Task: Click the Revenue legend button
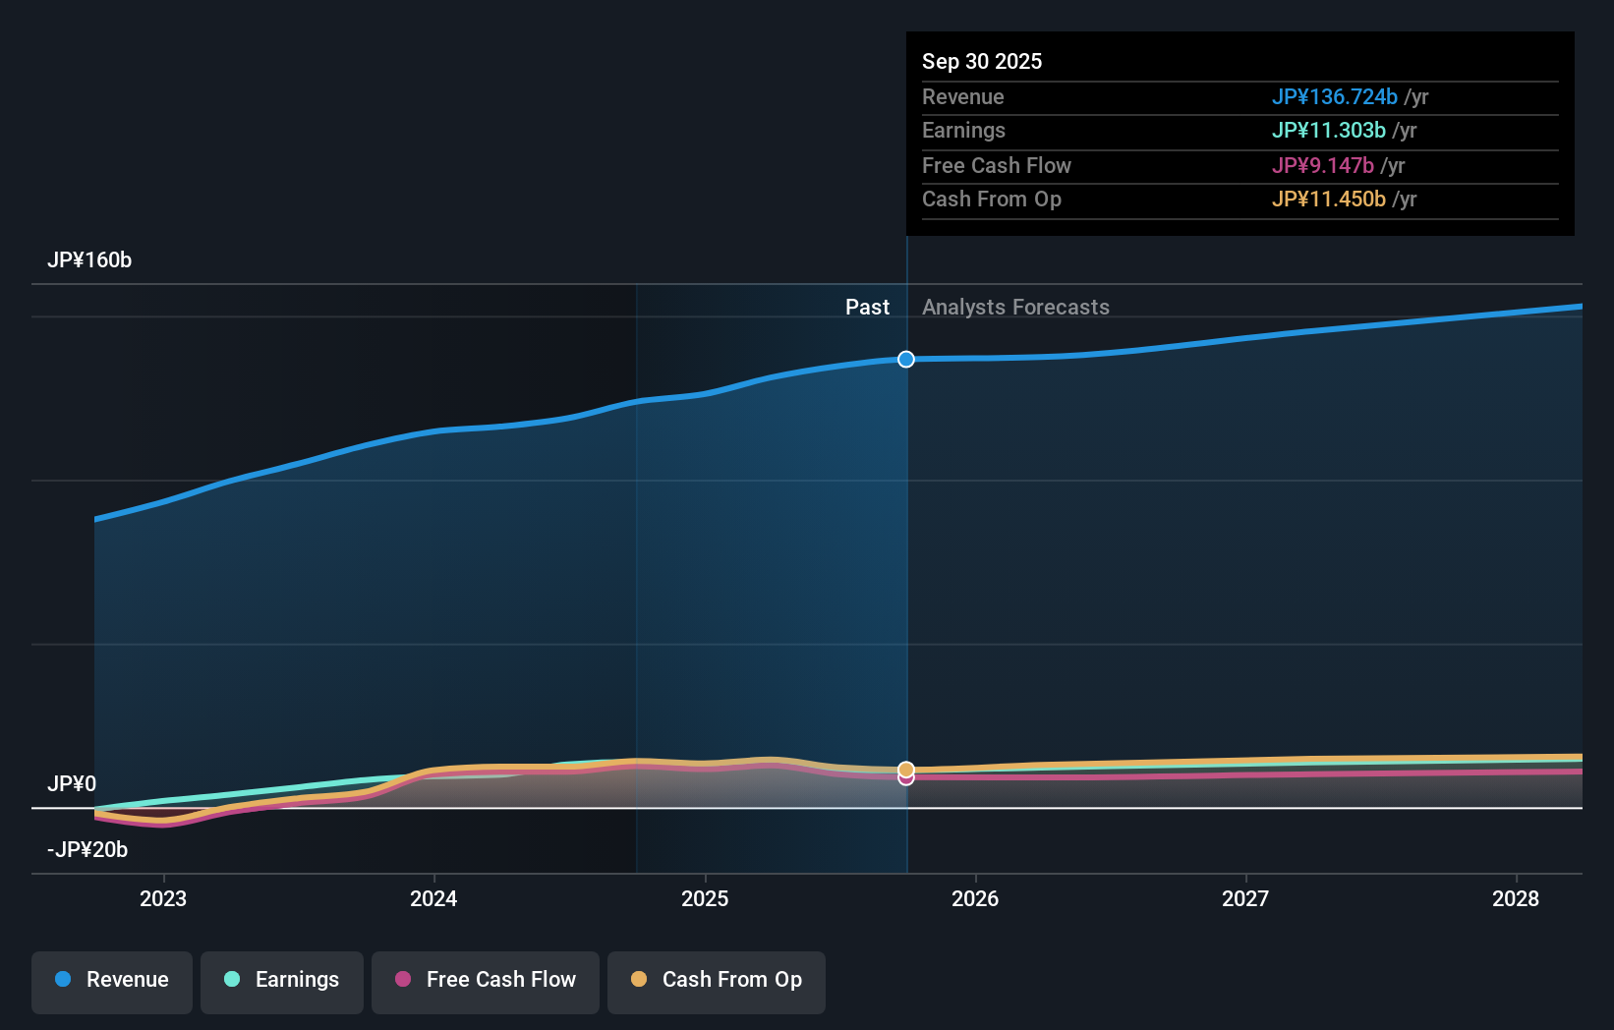pyautogui.click(x=112, y=981)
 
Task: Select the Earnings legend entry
pyautogui.click(x=282, y=981)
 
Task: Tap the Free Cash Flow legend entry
pyautogui.click(x=486, y=981)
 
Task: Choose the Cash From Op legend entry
pyautogui.click(x=717, y=981)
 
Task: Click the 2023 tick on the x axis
pyautogui.click(x=163, y=898)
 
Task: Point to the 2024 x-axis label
pyautogui.click(x=433, y=898)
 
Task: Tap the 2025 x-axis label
pyautogui.click(x=705, y=898)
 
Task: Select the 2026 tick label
pyautogui.click(x=975, y=898)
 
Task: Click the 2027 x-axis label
pyautogui.click(x=1245, y=898)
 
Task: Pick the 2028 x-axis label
pyautogui.click(x=1516, y=898)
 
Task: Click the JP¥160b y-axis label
pyautogui.click(x=89, y=260)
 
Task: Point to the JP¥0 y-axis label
pyautogui.click(x=72, y=784)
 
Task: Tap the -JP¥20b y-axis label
pyautogui.click(x=87, y=850)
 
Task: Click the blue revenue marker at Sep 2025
pyautogui.click(x=906, y=360)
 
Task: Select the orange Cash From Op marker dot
pyautogui.click(x=906, y=769)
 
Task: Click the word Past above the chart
pyautogui.click(x=867, y=308)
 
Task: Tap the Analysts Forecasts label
pyautogui.click(x=1015, y=308)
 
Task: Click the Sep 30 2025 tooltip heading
pyautogui.click(x=982, y=62)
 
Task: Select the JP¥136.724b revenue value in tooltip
pyautogui.click(x=1334, y=97)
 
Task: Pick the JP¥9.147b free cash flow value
pyautogui.click(x=1322, y=166)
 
